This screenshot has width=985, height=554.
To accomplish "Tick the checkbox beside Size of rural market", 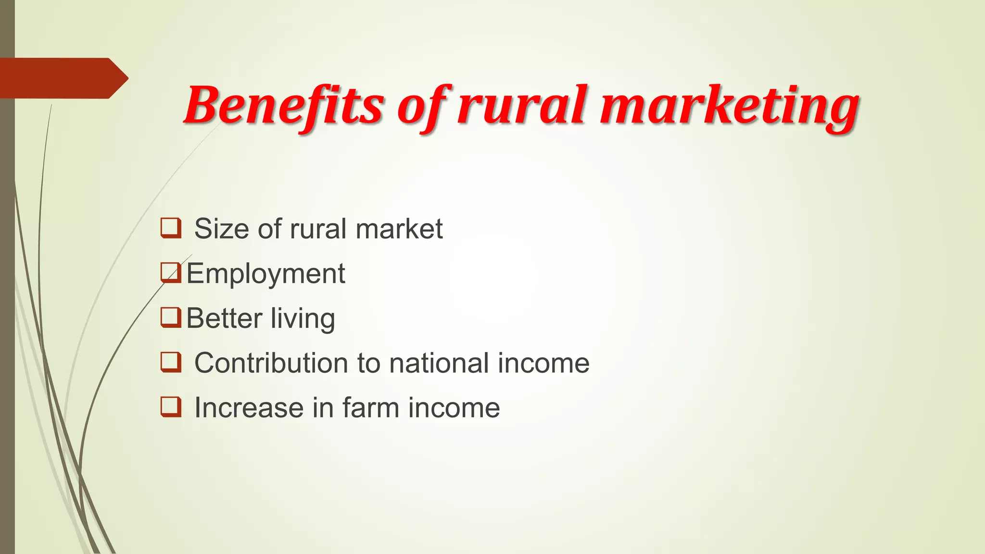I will tap(171, 228).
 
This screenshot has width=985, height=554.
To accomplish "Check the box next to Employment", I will tap(171, 273).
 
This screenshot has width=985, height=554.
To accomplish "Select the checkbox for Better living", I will tap(171, 317).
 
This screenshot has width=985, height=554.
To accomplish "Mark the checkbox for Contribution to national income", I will tap(171, 362).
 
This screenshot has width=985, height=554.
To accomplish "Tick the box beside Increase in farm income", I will tap(171, 407).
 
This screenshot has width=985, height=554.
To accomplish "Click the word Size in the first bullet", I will tap(222, 228).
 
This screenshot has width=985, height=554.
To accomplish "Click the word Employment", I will tap(265, 274).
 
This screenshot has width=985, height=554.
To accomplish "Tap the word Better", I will tap(224, 318).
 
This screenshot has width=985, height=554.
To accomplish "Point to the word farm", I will tap(371, 408).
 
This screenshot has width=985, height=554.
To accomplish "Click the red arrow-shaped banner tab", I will tap(63, 78).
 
